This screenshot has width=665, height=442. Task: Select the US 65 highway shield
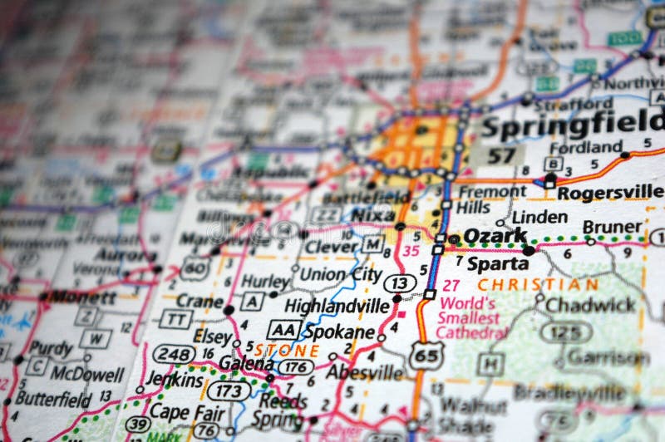[x=426, y=356]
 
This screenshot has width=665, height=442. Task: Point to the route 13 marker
[x=399, y=283]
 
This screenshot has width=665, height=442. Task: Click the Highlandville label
[x=337, y=307]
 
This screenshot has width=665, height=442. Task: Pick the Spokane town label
[x=338, y=331]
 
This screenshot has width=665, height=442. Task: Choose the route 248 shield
[x=174, y=353]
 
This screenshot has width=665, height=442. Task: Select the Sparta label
[x=497, y=263]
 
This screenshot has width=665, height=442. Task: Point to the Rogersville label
[x=610, y=193]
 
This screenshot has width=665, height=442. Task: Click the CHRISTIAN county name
[x=538, y=284]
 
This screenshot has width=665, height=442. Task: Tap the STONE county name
[x=287, y=350]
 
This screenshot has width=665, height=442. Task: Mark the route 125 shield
[x=566, y=332]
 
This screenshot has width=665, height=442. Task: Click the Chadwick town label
[x=590, y=305]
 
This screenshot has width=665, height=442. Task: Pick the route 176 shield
[x=295, y=366]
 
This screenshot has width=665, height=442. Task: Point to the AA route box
[x=283, y=329]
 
